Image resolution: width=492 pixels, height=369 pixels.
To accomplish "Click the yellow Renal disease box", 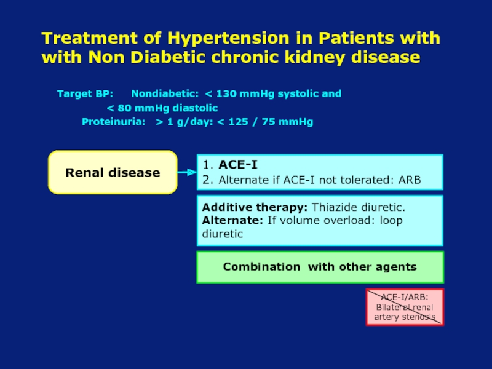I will pyautogui.click(x=113, y=173).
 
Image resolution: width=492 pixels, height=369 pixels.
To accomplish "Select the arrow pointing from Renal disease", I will pyautogui.click(x=186, y=173).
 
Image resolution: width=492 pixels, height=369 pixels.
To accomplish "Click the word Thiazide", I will pyautogui.click(x=335, y=208).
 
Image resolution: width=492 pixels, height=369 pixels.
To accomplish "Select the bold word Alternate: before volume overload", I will pyautogui.click(x=228, y=221).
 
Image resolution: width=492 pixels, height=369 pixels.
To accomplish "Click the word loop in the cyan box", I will pyautogui.click(x=391, y=221).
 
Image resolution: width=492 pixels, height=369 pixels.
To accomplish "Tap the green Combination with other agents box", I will pyautogui.click(x=319, y=267).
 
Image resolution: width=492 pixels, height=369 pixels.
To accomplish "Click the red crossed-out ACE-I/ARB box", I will pyautogui.click(x=404, y=307).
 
